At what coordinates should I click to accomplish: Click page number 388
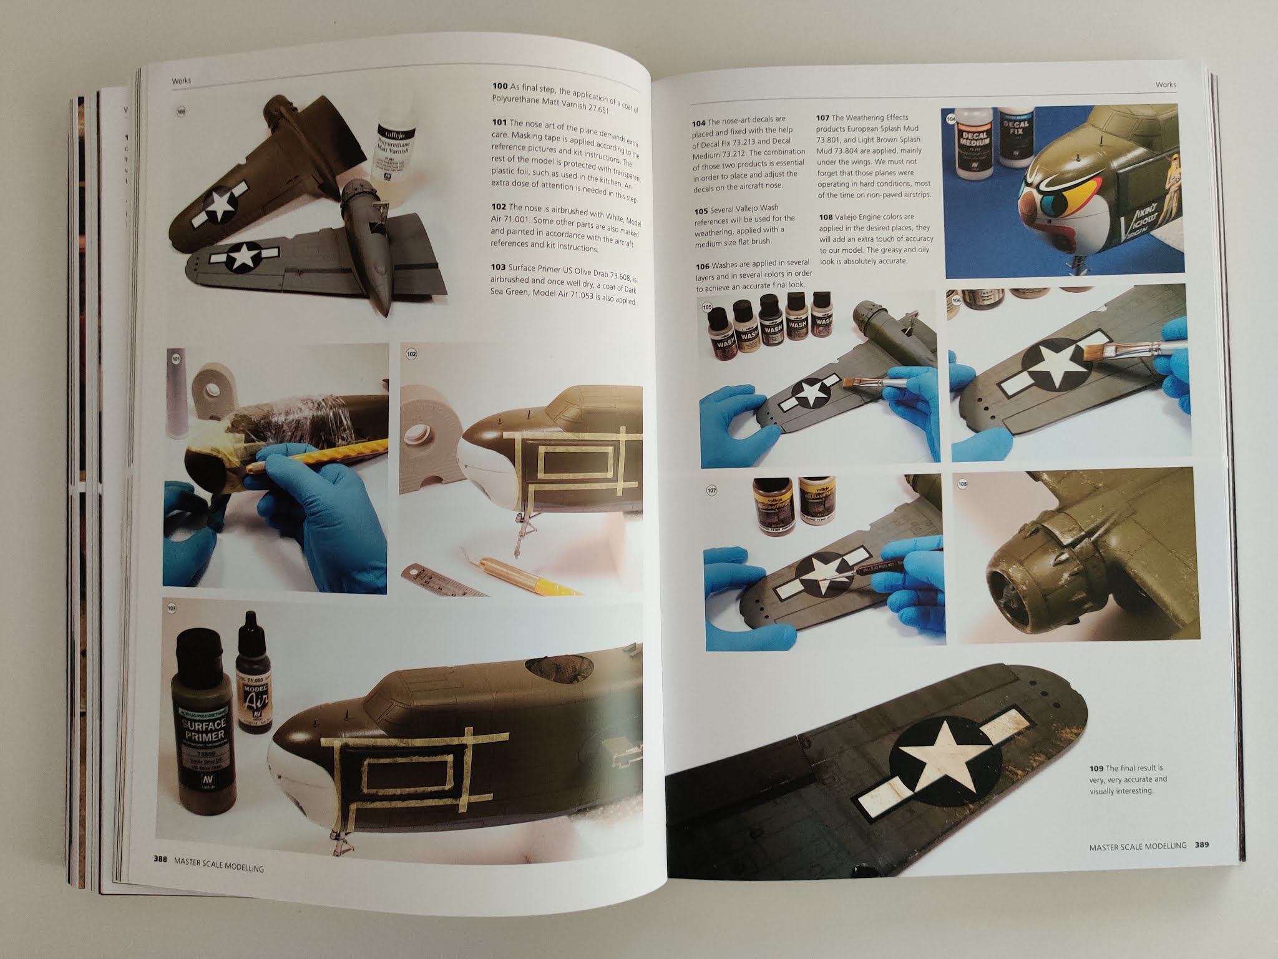coord(160,858)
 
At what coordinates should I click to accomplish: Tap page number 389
coord(1201,845)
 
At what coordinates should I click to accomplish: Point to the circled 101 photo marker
coord(177,360)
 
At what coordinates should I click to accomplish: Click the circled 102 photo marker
coord(411,354)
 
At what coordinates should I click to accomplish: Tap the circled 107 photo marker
coord(712,491)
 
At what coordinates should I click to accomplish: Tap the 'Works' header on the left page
coord(182,81)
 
